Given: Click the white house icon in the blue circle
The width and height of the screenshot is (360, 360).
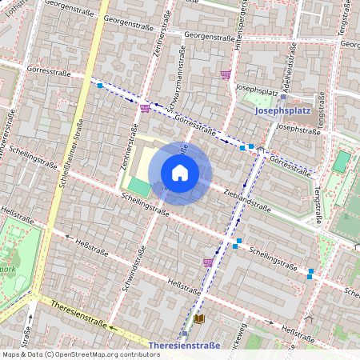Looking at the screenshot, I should point(180,173).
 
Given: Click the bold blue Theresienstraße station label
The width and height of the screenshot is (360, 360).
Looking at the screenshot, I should point(185,346).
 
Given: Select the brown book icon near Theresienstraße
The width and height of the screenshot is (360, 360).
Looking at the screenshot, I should point(199,318).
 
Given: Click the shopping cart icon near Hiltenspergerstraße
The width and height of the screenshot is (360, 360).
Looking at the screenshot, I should point(226,74).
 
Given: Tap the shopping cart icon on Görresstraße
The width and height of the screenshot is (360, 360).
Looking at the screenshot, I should point(145,108).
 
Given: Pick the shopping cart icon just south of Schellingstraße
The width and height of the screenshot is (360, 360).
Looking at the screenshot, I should point(208,262).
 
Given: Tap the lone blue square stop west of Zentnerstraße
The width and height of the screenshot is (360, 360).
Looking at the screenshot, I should point(100,85).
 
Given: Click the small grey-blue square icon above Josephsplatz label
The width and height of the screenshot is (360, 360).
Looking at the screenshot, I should point(282,97).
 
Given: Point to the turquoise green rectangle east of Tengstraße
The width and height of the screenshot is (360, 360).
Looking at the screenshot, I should point(342,161).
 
